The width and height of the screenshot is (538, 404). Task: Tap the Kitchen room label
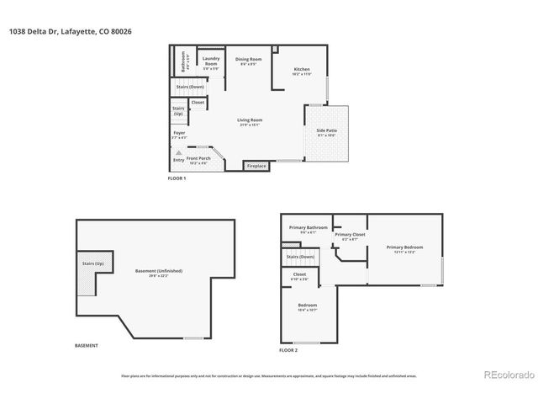pyautogui.click(x=302, y=71)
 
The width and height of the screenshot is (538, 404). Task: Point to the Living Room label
pyautogui.click(x=250, y=122)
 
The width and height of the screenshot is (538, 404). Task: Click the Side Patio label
pyautogui.click(x=327, y=130)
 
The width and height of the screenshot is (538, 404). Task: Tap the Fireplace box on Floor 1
pyautogui.click(x=256, y=167)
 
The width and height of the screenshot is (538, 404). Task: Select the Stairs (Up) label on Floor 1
pyautogui.click(x=178, y=110)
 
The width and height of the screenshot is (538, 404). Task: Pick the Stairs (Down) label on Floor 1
pyautogui.click(x=189, y=87)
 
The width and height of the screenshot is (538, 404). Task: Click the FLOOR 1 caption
pyautogui.click(x=177, y=179)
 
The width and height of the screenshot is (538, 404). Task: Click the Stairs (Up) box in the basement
pyautogui.click(x=92, y=264)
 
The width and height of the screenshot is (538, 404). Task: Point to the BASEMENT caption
pyautogui.click(x=87, y=345)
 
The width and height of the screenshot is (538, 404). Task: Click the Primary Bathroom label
pyautogui.click(x=308, y=228)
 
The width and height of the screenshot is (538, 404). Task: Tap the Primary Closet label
pyautogui.click(x=350, y=236)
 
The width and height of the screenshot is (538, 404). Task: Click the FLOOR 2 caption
pyautogui.click(x=288, y=349)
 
